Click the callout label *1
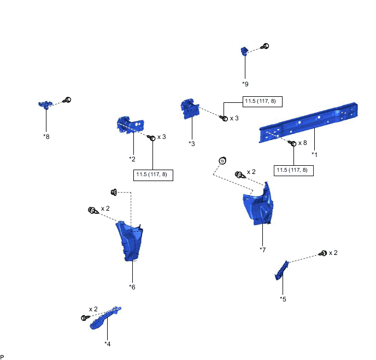pyautogui.click(x=314, y=154)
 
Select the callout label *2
pyautogui.click(x=132, y=159)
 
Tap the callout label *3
pyautogui.click(x=191, y=143)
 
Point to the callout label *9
pyautogui.click(x=245, y=84)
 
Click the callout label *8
pyautogui.click(x=46, y=136)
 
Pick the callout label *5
pyautogui.click(x=283, y=299)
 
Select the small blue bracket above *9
pyautogui.click(x=245, y=51)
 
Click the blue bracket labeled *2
pyautogui.click(x=126, y=125)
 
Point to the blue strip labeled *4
pyautogui.click(x=105, y=319)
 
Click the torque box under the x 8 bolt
pyautogui.click(x=293, y=170)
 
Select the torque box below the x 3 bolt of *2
pyautogui.click(x=153, y=175)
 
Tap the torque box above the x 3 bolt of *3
pyautogui.click(x=262, y=102)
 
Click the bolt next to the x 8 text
pyautogui.click(x=292, y=143)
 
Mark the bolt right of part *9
pyautogui.click(x=265, y=47)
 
